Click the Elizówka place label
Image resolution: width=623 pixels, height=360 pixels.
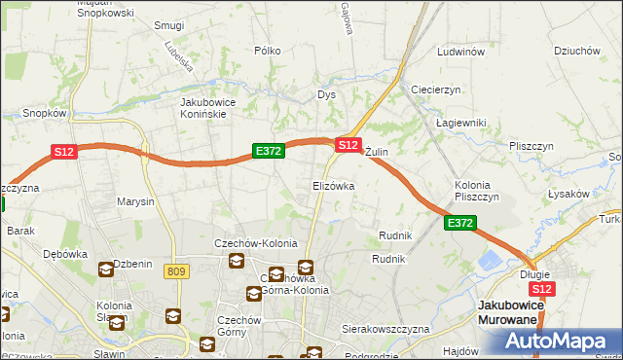(333, 185)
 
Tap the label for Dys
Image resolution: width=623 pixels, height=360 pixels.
(326, 94)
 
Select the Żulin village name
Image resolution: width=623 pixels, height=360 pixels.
(377, 153)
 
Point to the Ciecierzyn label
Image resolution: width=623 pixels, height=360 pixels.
(435, 90)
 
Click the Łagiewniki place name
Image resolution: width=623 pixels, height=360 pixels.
(461, 122)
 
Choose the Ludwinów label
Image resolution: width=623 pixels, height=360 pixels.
(461, 52)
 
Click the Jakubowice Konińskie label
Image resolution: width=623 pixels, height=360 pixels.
(217, 107)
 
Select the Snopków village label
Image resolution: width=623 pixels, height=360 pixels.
(44, 113)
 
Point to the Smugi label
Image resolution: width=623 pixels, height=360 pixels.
(169, 25)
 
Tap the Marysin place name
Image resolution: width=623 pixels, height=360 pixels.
(135, 202)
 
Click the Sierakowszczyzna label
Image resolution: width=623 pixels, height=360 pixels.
(385, 330)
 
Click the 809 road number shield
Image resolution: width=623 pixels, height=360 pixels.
(176, 271)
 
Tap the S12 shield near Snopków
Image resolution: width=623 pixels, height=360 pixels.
(64, 151)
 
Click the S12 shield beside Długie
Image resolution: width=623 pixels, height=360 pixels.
(542, 289)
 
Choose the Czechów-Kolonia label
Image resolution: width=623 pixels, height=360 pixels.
(256, 243)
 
